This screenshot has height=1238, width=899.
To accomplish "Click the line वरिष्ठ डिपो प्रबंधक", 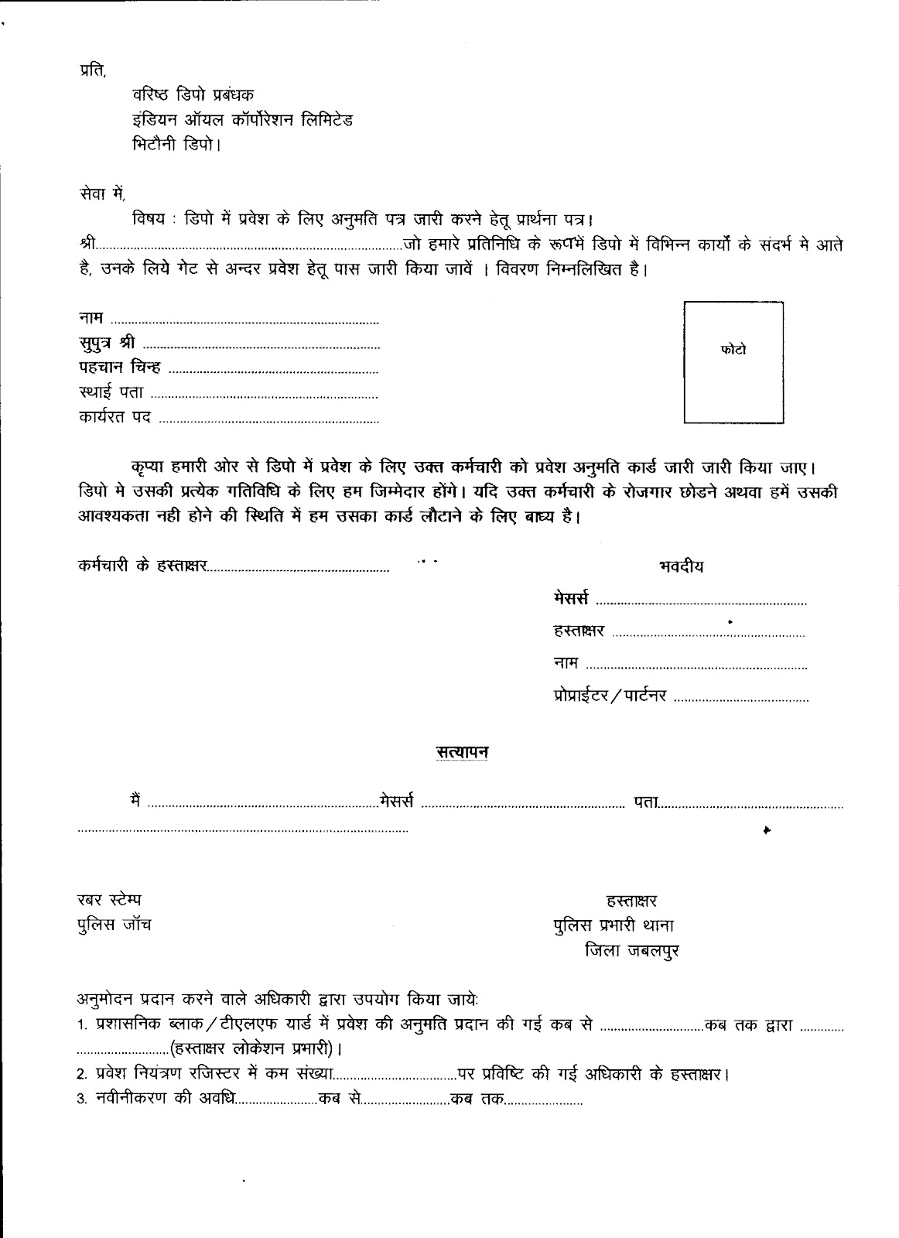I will point(199,96).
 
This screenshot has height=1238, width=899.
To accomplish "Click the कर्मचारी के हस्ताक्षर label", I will point(142,566).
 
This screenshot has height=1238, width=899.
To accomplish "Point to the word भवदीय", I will point(681,566).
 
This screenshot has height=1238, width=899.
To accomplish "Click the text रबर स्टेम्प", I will point(108,900).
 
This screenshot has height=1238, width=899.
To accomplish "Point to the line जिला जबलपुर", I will point(632,951).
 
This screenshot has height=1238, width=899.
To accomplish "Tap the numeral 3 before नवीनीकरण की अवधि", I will point(80,1100).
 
